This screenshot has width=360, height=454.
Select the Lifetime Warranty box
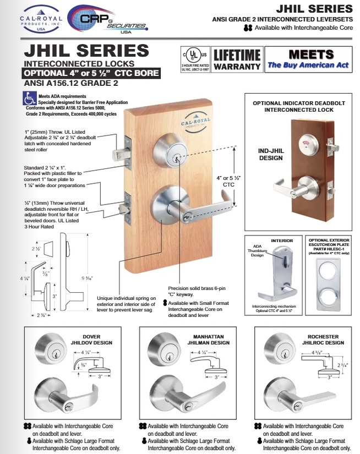point(237,60)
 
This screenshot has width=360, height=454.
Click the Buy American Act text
point(308,65)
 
